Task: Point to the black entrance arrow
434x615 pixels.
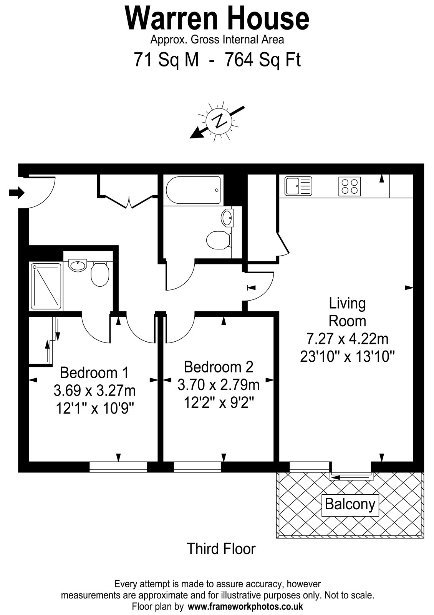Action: [17, 193]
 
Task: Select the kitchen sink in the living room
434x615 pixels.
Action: [298, 186]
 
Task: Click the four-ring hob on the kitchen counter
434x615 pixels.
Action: [350, 186]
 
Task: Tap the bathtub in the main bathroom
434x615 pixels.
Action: [194, 190]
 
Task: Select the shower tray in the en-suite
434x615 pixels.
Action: [46, 286]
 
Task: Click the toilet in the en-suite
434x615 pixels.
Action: [99, 273]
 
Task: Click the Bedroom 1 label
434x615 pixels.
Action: [94, 372]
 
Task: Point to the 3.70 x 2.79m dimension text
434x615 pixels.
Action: [219, 385]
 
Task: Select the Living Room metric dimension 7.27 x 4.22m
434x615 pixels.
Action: [347, 339]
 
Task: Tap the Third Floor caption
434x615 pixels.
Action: [221, 549]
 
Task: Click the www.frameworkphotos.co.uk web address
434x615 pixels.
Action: [245, 606]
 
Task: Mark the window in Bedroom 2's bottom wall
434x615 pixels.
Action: [197, 467]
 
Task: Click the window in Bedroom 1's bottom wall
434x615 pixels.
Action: [119, 467]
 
